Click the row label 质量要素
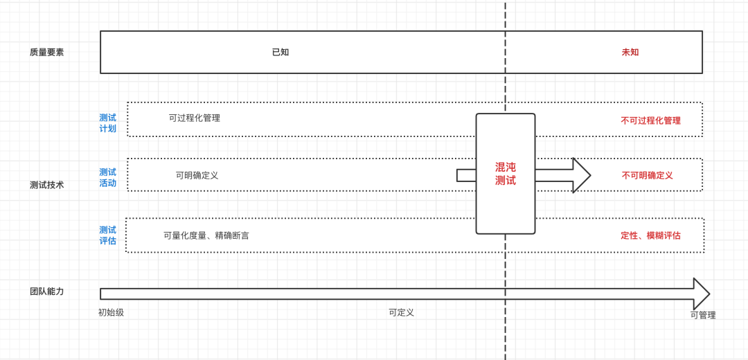[x=46, y=52]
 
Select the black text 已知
[x=280, y=52]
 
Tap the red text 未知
[x=630, y=52]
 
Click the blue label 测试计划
[x=107, y=123]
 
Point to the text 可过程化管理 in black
[x=195, y=118]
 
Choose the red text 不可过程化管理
[x=650, y=120]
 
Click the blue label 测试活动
[x=107, y=178]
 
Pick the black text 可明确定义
[x=197, y=175]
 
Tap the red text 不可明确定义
[x=647, y=175]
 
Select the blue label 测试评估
[x=107, y=235]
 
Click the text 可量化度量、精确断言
[x=206, y=235]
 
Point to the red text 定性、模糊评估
[x=650, y=235]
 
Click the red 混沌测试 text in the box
[x=506, y=174]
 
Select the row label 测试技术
[x=46, y=185]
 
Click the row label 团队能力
[x=46, y=291]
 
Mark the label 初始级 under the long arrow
[x=111, y=312]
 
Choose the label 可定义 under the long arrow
[x=401, y=312]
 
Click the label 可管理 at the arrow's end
[x=703, y=315]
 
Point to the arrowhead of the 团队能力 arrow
[x=701, y=294]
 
